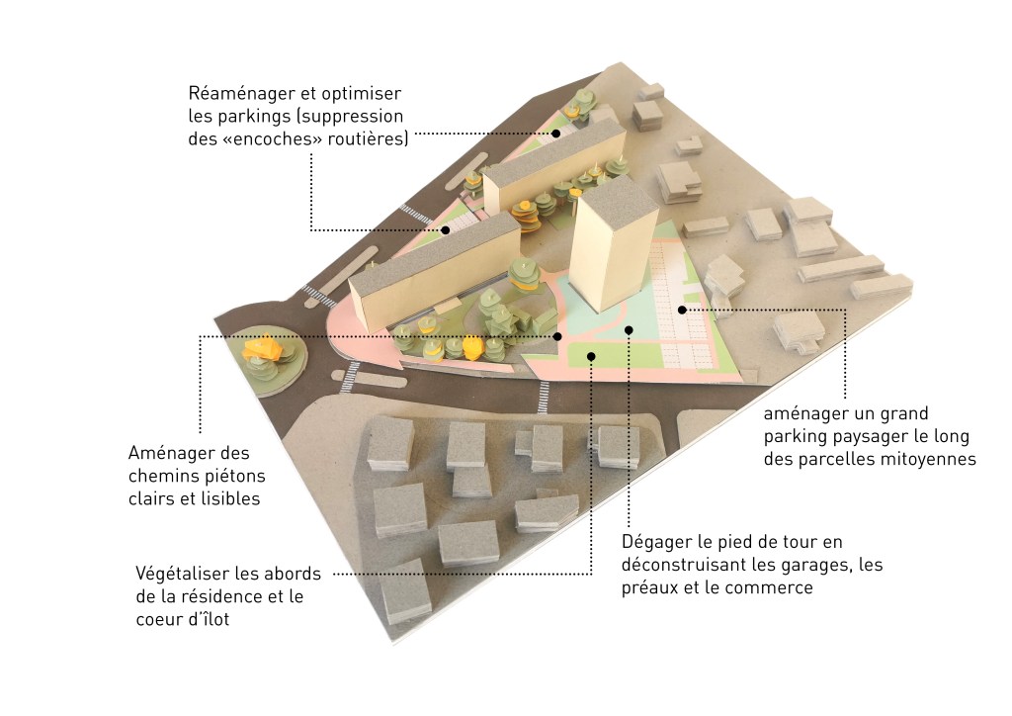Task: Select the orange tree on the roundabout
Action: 263,349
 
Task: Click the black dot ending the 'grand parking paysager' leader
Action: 682,310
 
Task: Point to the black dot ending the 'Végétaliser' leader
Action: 591,355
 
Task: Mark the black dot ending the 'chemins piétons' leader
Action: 558,336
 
